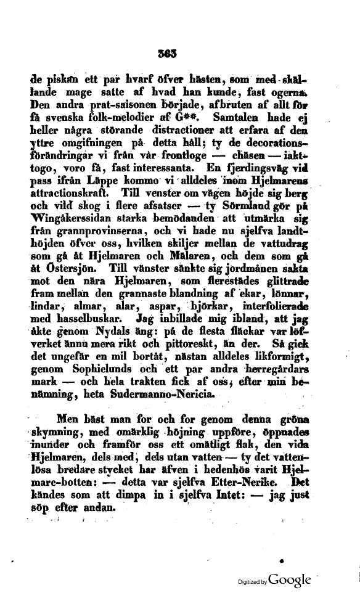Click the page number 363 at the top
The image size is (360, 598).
(x=166, y=54)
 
